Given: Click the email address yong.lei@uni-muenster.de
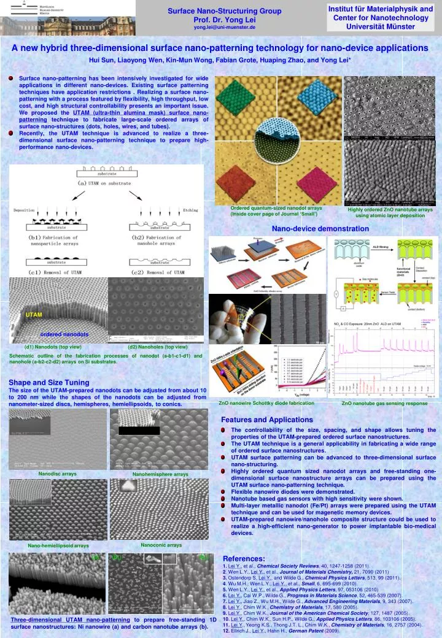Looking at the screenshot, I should tap(225, 28).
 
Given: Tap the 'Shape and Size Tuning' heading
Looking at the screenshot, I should tap(48, 382).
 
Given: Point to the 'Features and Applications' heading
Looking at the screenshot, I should tap(266, 420).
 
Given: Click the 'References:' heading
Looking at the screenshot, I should tap(244, 558).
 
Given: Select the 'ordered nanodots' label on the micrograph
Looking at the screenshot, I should tap(64, 334).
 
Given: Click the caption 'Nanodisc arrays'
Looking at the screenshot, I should tap(58, 474).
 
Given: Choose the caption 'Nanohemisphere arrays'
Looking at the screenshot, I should tap(160, 474).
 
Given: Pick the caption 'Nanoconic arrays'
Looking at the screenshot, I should tap(161, 544).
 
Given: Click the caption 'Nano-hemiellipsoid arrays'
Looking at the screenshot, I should tap(58, 545).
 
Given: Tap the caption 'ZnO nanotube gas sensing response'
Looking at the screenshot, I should tap(384, 404).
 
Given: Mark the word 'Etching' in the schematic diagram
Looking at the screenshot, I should tap(190, 210).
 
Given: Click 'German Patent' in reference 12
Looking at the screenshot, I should tap(306, 631).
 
